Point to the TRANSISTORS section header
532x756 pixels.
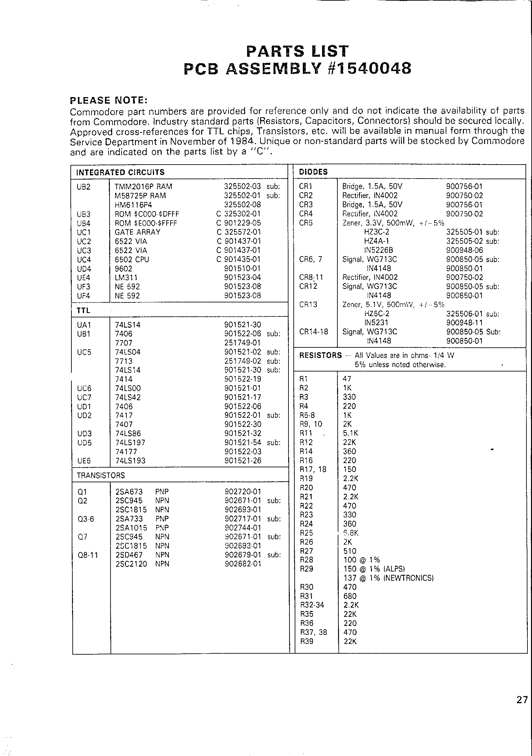coord(100,475)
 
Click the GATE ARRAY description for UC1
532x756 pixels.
coord(137,232)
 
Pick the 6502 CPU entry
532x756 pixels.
coord(132,259)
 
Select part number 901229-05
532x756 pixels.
coord(243,223)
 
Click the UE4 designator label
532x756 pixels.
coord(83,278)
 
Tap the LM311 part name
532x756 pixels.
coord(126,278)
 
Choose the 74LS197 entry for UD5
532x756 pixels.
coord(130,443)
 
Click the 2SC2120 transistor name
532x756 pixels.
coord(131,564)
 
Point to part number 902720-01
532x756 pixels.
coord(243,492)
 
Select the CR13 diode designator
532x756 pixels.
coord(308,305)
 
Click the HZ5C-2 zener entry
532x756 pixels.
coord(377,313)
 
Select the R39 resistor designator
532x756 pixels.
coord(307,641)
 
